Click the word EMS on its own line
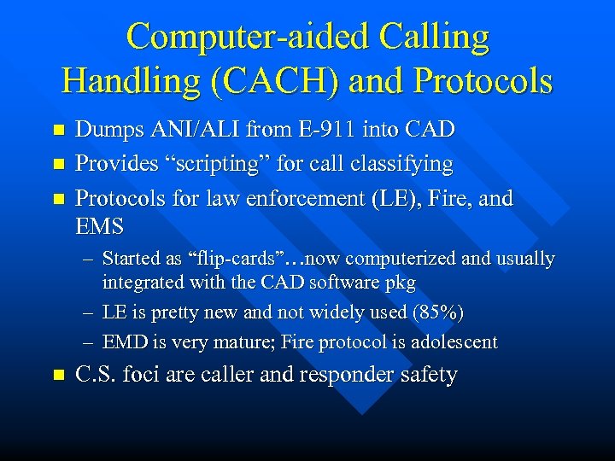pos(100,227)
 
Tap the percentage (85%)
pos(437,312)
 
